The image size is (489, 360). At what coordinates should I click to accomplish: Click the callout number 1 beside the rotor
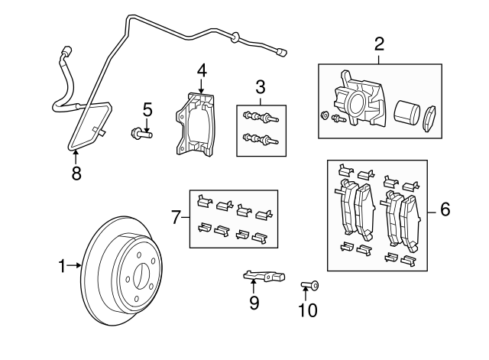63,266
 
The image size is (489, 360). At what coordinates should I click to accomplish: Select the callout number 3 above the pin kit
260,86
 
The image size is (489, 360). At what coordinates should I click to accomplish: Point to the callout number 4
201,71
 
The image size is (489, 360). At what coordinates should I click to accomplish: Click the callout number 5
147,110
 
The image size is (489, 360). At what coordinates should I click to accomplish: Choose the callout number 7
176,219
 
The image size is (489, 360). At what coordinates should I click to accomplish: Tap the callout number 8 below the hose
76,173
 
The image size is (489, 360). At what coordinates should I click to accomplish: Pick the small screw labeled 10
309,286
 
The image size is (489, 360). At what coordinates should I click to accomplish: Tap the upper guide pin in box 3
260,117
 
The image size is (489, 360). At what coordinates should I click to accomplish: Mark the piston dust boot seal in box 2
429,117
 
